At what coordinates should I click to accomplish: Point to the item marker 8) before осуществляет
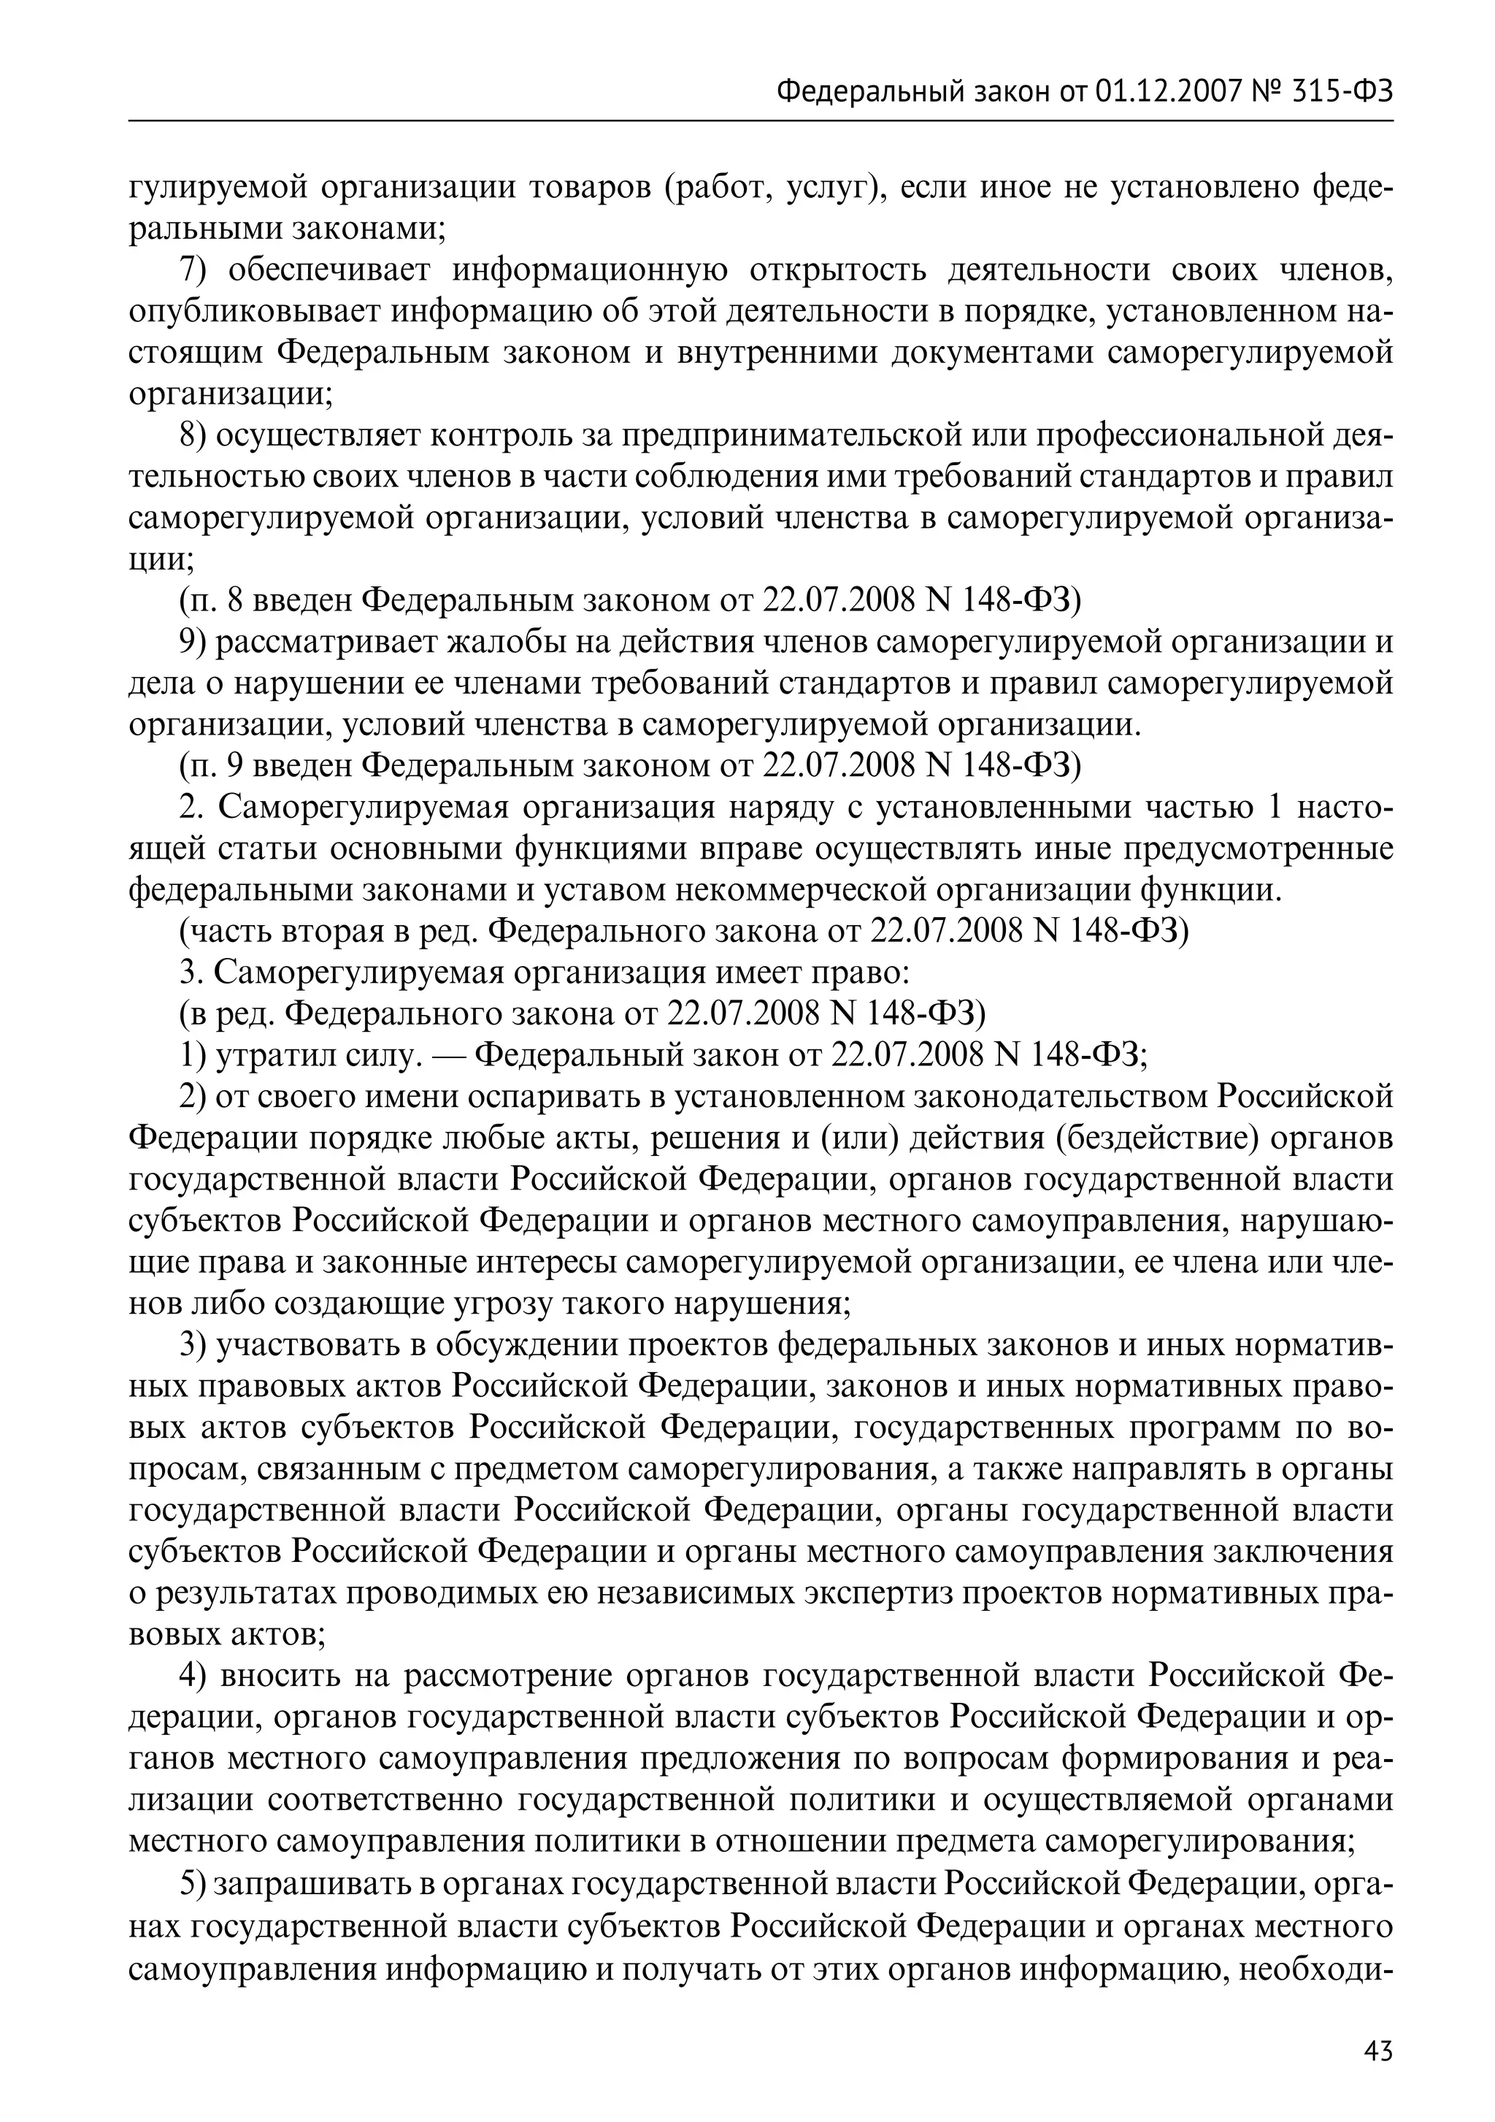[x=195, y=435]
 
